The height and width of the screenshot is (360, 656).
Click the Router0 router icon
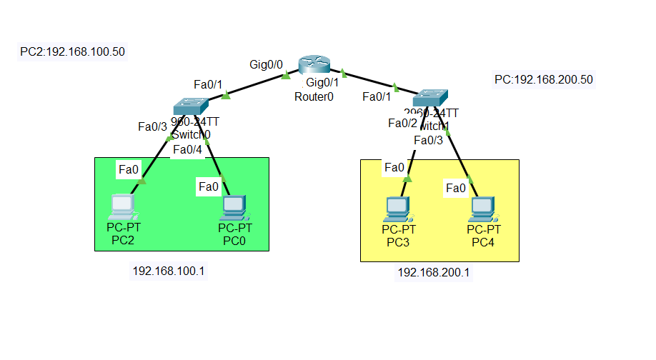[x=315, y=66]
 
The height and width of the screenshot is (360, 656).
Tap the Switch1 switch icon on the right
[x=432, y=96]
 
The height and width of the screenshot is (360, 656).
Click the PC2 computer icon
[x=123, y=207]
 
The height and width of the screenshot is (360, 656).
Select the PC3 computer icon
[x=398, y=209]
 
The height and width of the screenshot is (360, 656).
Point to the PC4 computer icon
[x=484, y=209]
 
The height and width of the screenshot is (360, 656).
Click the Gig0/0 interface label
[x=266, y=64]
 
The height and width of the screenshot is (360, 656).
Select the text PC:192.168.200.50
[x=544, y=79]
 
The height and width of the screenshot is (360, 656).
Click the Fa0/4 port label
[x=187, y=149]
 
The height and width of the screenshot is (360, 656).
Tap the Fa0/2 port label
[x=402, y=123]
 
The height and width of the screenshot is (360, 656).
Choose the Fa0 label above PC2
[x=128, y=169]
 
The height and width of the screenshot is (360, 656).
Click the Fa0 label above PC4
[x=455, y=188]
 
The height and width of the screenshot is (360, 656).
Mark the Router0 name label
[x=314, y=97]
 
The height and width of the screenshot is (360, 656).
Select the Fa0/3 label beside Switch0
[x=152, y=126]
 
